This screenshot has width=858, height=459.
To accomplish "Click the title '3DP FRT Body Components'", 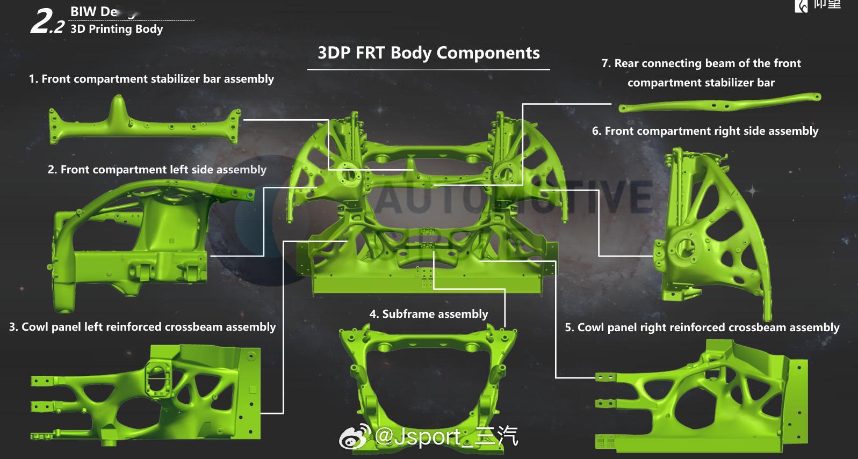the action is pyautogui.click(x=428, y=53).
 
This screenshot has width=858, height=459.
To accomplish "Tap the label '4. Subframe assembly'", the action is pyautogui.click(x=428, y=314).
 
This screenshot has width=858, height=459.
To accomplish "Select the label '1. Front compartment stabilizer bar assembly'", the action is pyautogui.click(x=151, y=79).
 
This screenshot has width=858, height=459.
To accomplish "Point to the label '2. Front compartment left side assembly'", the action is pyautogui.click(x=157, y=170).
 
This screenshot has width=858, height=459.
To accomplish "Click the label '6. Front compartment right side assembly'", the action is pyautogui.click(x=705, y=131).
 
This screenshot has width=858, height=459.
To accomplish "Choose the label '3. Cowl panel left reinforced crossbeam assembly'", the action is pyautogui.click(x=142, y=327).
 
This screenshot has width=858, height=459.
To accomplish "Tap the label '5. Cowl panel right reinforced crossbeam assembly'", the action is pyautogui.click(x=702, y=327).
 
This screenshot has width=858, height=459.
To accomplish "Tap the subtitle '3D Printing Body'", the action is pyautogui.click(x=117, y=29).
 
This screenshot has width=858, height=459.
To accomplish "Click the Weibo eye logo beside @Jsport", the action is pyautogui.click(x=355, y=438).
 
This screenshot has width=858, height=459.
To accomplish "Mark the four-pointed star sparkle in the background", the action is pyautogui.click(x=752, y=191).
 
